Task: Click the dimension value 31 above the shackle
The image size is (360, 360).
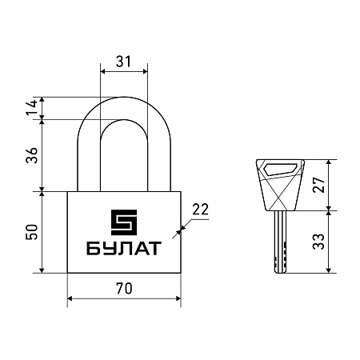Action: tap(124, 62)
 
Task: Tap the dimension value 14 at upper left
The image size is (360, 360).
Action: tap(32, 107)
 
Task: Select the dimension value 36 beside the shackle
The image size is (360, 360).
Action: tap(32, 155)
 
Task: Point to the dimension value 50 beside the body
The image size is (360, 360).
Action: tap(32, 232)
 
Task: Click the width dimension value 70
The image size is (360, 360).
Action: tap(124, 289)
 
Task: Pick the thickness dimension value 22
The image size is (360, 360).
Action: tap(200, 210)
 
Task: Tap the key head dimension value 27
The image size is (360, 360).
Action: tap(319, 184)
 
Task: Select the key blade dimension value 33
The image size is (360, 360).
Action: tap(319, 242)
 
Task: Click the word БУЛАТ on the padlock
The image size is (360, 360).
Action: tap(124, 248)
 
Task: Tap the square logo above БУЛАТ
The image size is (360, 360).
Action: tap(124, 222)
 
